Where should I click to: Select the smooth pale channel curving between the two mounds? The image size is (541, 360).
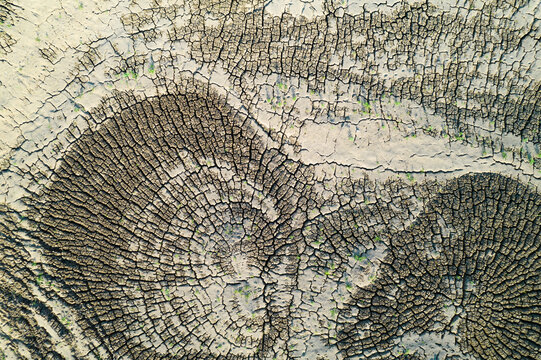(x=400, y=160)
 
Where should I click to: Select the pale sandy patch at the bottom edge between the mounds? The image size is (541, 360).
(x=320, y=345)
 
